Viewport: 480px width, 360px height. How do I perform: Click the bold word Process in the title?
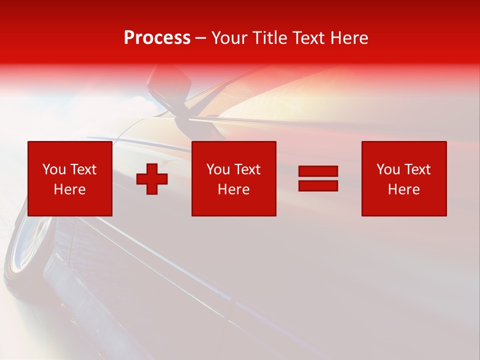157,38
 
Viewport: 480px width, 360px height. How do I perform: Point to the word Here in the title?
349,38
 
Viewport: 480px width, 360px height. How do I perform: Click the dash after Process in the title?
201,38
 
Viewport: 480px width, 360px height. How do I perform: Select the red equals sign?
318,179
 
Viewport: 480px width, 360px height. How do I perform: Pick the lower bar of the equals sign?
318,186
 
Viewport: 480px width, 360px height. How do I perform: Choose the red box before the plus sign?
70,178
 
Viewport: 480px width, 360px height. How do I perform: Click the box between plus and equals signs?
233,178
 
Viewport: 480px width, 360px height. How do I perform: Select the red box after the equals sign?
404,178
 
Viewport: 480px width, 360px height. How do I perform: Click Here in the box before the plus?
70,189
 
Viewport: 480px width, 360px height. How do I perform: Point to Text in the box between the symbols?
247,169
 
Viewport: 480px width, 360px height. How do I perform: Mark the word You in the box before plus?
54,169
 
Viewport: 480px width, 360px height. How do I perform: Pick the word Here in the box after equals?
404,189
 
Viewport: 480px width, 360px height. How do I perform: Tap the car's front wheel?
27,245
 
